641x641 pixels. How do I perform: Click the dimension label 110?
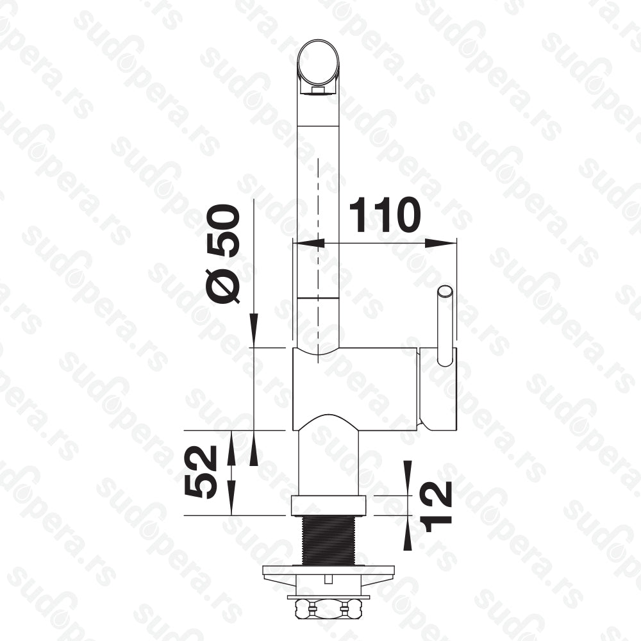pos(385,215)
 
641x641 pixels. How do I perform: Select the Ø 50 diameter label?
pos(223,254)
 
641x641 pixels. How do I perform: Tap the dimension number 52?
pos(200,472)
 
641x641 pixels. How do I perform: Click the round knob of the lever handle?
pos(445,293)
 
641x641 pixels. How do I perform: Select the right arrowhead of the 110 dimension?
pos(441,243)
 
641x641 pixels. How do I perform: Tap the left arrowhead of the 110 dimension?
pos(309,243)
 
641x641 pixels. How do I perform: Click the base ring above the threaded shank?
pos(328,505)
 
